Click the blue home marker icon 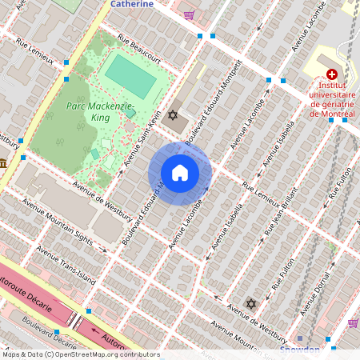pyautogui.click(x=180, y=173)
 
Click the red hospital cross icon pyautogui.click(x=332, y=73)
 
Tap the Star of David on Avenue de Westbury pyautogui.click(x=251, y=305)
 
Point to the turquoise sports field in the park pyautogui.click(x=131, y=75)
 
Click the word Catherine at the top pyautogui.click(x=131, y=4)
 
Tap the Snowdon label pyautogui.click(x=300, y=350)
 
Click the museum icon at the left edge pyautogui.click(x=3, y=163)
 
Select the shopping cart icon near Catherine pyautogui.click(x=189, y=14)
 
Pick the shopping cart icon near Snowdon pyautogui.click(x=353, y=322)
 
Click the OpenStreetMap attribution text pyautogui.click(x=80, y=354)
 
